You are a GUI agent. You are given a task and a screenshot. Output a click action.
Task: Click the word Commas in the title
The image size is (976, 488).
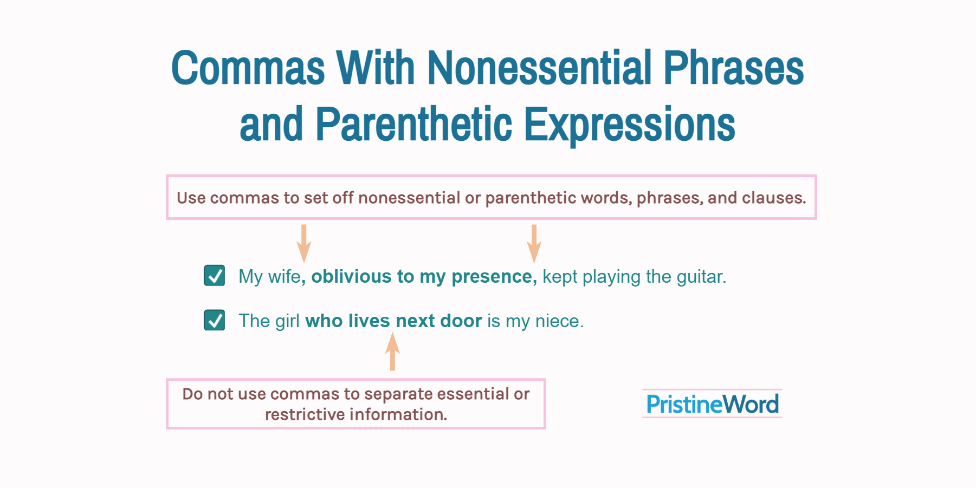coord(248,68)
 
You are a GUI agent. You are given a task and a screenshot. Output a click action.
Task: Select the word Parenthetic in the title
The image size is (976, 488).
coord(413,125)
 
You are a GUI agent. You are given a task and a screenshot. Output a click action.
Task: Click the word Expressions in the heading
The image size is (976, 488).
coord(629,125)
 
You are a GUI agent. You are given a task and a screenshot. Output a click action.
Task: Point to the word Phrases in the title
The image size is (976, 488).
coord(733,68)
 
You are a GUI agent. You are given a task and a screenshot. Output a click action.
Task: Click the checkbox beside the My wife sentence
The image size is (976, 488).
coord(215,276)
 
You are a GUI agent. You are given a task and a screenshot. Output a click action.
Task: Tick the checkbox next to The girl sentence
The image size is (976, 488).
coord(215,320)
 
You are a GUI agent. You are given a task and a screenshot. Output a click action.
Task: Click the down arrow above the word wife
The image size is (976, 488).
coord(303,244)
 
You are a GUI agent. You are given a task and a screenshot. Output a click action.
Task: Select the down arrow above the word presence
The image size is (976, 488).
coord(534,244)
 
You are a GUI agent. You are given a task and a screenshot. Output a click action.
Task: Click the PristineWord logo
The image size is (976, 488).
coord(712,404)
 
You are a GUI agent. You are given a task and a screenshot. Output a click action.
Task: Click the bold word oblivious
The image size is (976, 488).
coord(351,276)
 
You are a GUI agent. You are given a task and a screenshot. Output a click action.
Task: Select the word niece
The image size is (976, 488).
coord(559,321)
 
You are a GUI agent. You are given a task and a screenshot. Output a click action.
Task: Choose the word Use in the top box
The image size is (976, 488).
coord(191,198)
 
